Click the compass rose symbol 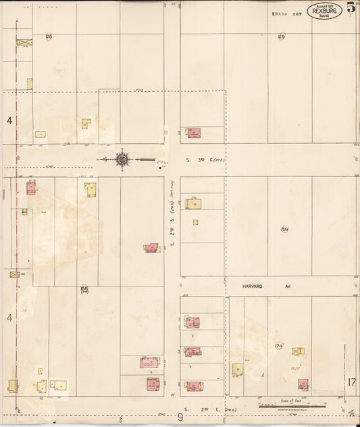[x=122, y=159]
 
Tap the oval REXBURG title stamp [x=324, y=11]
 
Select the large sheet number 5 [x=351, y=8]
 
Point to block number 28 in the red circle [x=49, y=36]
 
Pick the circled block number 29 [x=282, y=36]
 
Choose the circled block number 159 [x=284, y=230]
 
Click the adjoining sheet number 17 [x=351, y=382]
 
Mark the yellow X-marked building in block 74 [x=298, y=351]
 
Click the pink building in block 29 [x=193, y=133]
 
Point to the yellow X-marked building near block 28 [x=24, y=42]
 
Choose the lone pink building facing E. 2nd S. [x=151, y=248]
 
